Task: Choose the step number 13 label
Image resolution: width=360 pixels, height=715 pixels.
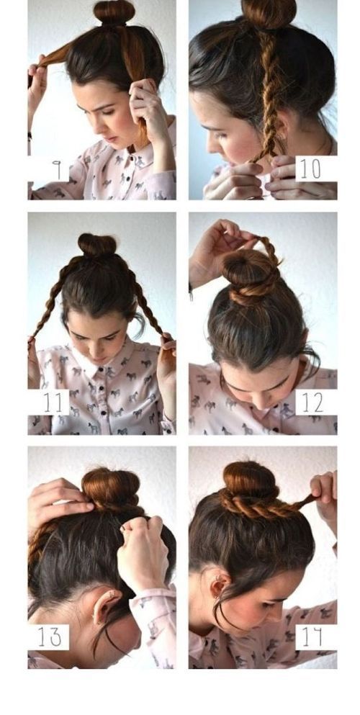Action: click(x=48, y=637)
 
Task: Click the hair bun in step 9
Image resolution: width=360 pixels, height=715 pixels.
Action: click(x=114, y=12)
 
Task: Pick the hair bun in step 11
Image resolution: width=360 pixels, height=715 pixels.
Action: click(x=97, y=245)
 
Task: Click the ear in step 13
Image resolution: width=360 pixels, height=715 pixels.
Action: click(x=104, y=606)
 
